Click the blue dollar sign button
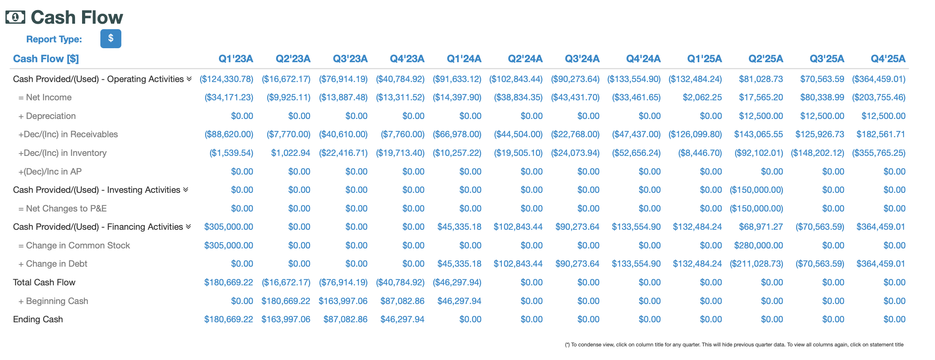point(110,38)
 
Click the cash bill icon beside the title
point(15,17)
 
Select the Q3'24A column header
point(582,59)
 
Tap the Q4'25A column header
point(888,59)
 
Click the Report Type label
point(54,39)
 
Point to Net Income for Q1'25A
point(702,97)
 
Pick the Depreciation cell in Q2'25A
point(761,116)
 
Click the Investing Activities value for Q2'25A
point(756,190)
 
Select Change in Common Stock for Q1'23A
point(228,245)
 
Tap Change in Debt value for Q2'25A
point(756,264)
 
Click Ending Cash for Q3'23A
point(345,319)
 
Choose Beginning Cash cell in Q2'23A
point(285,301)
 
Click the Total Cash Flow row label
point(44,282)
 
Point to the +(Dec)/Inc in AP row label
point(50,171)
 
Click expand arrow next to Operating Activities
point(189,79)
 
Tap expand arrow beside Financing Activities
point(188,226)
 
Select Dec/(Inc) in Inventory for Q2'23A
point(290,153)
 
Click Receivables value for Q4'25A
point(881,134)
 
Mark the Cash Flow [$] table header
point(46,59)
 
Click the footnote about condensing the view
point(734,344)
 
